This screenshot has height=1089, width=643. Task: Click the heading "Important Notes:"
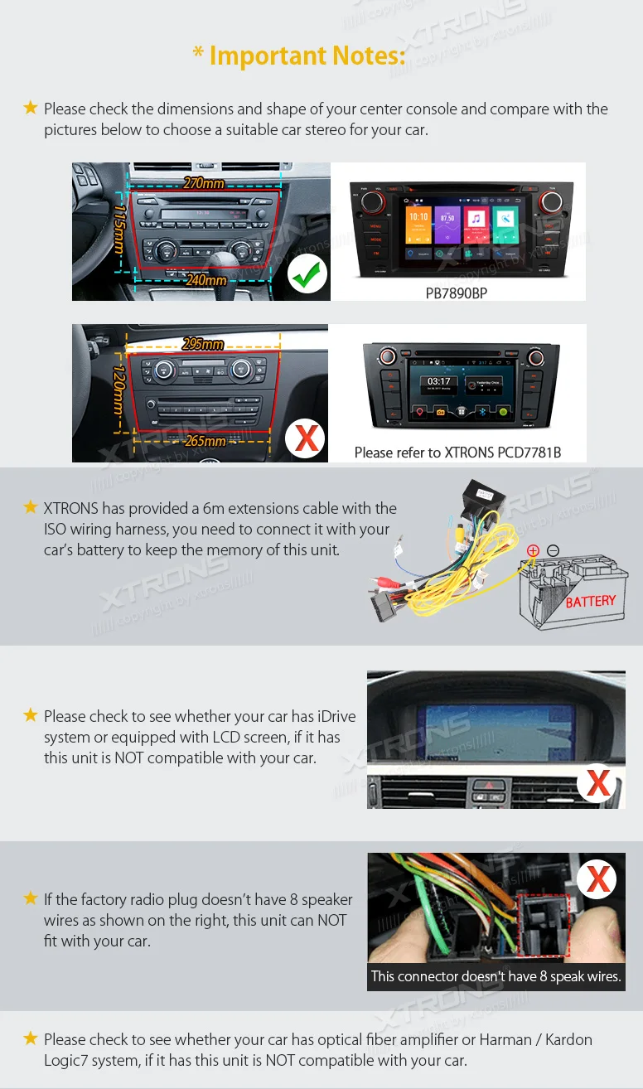(299, 56)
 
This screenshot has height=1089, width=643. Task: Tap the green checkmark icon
(307, 274)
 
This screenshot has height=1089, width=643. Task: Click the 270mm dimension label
(204, 182)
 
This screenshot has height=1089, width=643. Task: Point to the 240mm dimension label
(205, 280)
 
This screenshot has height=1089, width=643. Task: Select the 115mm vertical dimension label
(119, 230)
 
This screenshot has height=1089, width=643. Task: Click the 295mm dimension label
(203, 344)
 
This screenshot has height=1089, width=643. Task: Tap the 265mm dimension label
(205, 441)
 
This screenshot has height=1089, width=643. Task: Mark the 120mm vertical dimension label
(118, 391)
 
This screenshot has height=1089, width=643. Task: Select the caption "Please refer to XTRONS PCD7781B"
(457, 453)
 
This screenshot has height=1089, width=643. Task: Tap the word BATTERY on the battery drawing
(591, 601)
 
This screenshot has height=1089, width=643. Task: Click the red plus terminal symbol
(533, 550)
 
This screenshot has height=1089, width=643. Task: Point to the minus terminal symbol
(554, 550)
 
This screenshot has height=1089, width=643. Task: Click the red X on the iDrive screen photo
(598, 783)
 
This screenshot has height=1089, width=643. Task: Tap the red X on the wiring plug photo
(598, 878)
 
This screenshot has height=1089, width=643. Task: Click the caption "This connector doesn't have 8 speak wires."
(496, 976)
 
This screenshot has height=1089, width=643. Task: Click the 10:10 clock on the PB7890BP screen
(418, 217)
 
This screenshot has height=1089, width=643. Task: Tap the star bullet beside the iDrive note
(31, 715)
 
